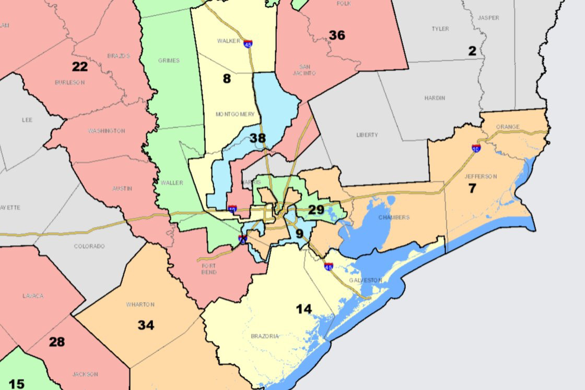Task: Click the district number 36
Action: (x=337, y=36)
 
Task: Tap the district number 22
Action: (x=80, y=67)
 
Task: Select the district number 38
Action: (x=258, y=139)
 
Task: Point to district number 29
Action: (x=316, y=210)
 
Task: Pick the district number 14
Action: (x=303, y=309)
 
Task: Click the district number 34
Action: (x=146, y=325)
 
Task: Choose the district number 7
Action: (x=472, y=189)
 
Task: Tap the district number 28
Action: (x=57, y=342)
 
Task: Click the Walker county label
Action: (x=228, y=41)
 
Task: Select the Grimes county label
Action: (x=169, y=61)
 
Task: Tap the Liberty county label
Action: (x=367, y=135)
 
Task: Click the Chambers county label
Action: (x=394, y=217)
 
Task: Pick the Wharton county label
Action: (x=141, y=305)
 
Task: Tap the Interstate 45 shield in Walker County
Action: (x=248, y=44)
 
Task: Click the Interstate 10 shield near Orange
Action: (x=476, y=148)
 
